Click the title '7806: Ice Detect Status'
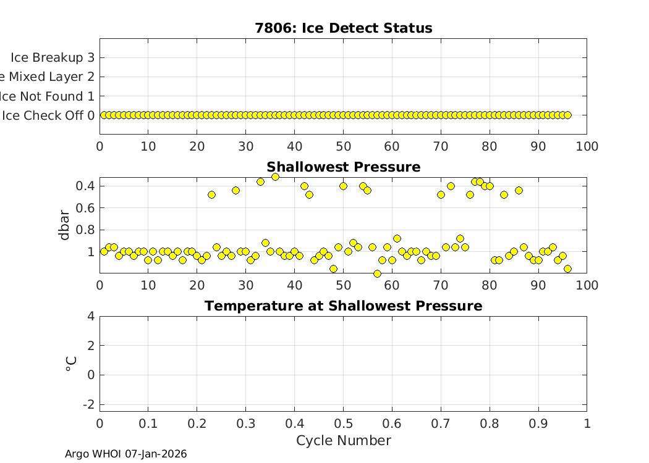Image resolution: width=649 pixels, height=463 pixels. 343,28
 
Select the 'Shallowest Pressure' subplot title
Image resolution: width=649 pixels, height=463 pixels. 343,167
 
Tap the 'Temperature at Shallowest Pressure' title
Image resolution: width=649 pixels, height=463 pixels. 343,306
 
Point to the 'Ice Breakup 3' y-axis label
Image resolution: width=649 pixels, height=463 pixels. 53,57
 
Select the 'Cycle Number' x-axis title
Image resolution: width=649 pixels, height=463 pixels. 343,440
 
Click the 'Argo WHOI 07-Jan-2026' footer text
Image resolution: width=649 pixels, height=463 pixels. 125,454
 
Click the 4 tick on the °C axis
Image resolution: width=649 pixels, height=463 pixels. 90,316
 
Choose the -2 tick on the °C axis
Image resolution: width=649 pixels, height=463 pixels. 88,404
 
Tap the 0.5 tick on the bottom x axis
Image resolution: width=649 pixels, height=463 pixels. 343,423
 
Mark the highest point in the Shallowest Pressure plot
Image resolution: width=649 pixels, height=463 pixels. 275,177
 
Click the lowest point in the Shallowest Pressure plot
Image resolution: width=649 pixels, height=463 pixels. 377,273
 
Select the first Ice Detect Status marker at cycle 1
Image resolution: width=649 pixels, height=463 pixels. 104,115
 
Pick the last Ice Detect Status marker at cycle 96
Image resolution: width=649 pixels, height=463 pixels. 567,115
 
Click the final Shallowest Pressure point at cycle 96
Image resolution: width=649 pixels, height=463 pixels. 567,269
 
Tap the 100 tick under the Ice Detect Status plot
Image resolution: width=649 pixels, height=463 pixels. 587,146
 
